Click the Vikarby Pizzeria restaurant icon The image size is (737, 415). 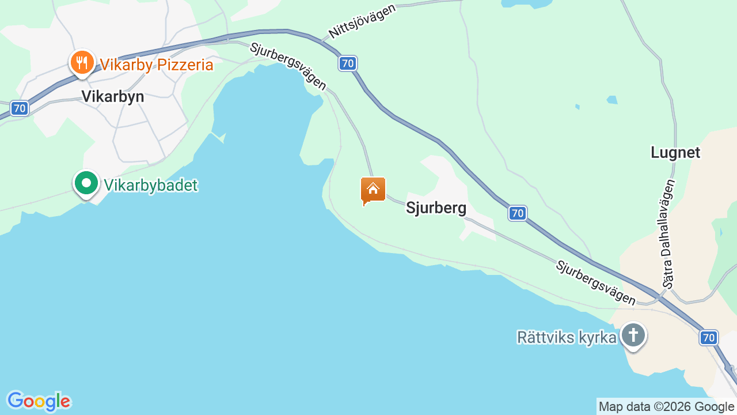pyautogui.click(x=82, y=62)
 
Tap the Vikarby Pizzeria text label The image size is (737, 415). pyautogui.click(x=157, y=65)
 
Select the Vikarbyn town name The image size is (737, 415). pyautogui.click(x=112, y=96)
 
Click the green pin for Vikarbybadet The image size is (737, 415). pyautogui.click(x=86, y=183)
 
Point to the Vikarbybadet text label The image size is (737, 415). pyautogui.click(x=150, y=185)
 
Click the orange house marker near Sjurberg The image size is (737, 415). pyautogui.click(x=373, y=190)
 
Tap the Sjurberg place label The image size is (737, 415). pyautogui.click(x=436, y=207)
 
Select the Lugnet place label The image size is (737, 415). pyautogui.click(x=675, y=152)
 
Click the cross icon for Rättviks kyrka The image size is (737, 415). pyautogui.click(x=633, y=335)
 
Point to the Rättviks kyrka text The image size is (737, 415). pyautogui.click(x=567, y=337)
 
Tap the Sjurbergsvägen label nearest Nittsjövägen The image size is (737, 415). pyautogui.click(x=288, y=66)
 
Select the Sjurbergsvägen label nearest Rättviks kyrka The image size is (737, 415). pyautogui.click(x=595, y=282)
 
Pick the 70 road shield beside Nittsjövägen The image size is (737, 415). pyautogui.click(x=347, y=63)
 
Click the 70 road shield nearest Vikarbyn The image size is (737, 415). pyautogui.click(x=20, y=108)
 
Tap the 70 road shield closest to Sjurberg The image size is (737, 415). pyautogui.click(x=517, y=213)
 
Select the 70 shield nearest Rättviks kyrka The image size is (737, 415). pyautogui.click(x=709, y=338)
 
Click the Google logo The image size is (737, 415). pyautogui.click(x=39, y=401)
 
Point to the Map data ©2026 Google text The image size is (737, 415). pyautogui.click(x=666, y=406)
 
